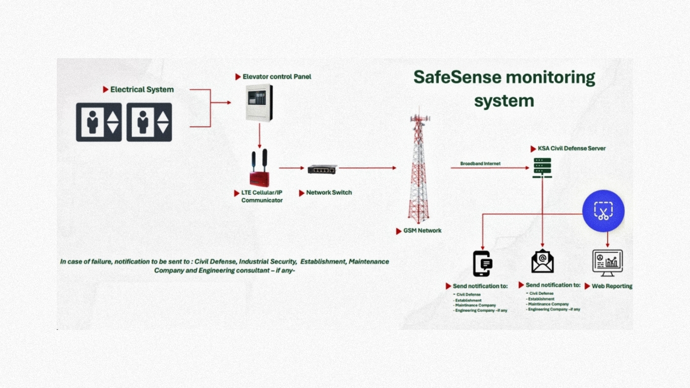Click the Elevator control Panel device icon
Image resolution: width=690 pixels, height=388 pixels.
(259, 103)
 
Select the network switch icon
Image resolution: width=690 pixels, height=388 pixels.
(322, 169)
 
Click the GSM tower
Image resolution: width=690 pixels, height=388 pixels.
(418, 168)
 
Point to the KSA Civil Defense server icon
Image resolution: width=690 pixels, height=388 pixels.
(542, 168)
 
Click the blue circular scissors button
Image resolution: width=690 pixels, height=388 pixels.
(603, 211)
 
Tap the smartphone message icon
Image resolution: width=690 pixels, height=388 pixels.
(482, 264)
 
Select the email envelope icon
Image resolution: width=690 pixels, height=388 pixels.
(542, 262)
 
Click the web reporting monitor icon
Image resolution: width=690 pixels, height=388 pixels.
(607, 263)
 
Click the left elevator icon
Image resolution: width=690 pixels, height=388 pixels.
(99, 122)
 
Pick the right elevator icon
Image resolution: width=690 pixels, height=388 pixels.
(149, 122)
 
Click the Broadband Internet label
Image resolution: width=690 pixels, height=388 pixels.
(480, 163)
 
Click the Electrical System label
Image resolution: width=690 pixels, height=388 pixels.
(142, 89)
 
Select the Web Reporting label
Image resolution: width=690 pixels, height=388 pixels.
(612, 286)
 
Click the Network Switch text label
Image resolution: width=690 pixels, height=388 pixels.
(329, 193)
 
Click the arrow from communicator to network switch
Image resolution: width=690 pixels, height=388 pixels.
(291, 168)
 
